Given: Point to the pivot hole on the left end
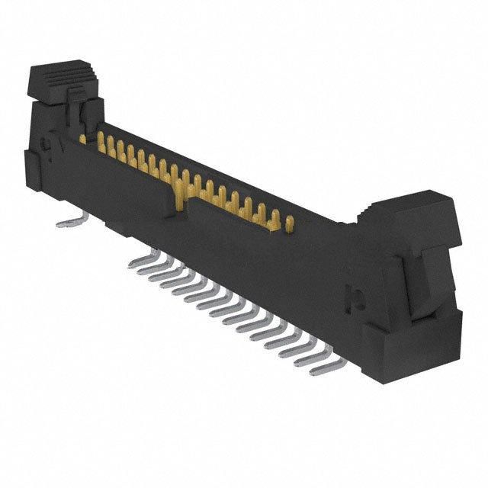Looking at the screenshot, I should (x=47, y=141).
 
